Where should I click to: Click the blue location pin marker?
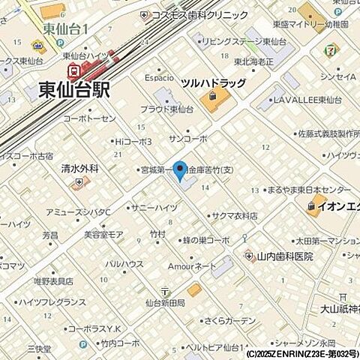pos(180,170)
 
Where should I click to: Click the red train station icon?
pos(73,72)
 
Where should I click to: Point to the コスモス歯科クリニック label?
pos(199,15)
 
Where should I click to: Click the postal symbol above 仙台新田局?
pos(164,291)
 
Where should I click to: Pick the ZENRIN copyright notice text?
pos(300,353)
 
